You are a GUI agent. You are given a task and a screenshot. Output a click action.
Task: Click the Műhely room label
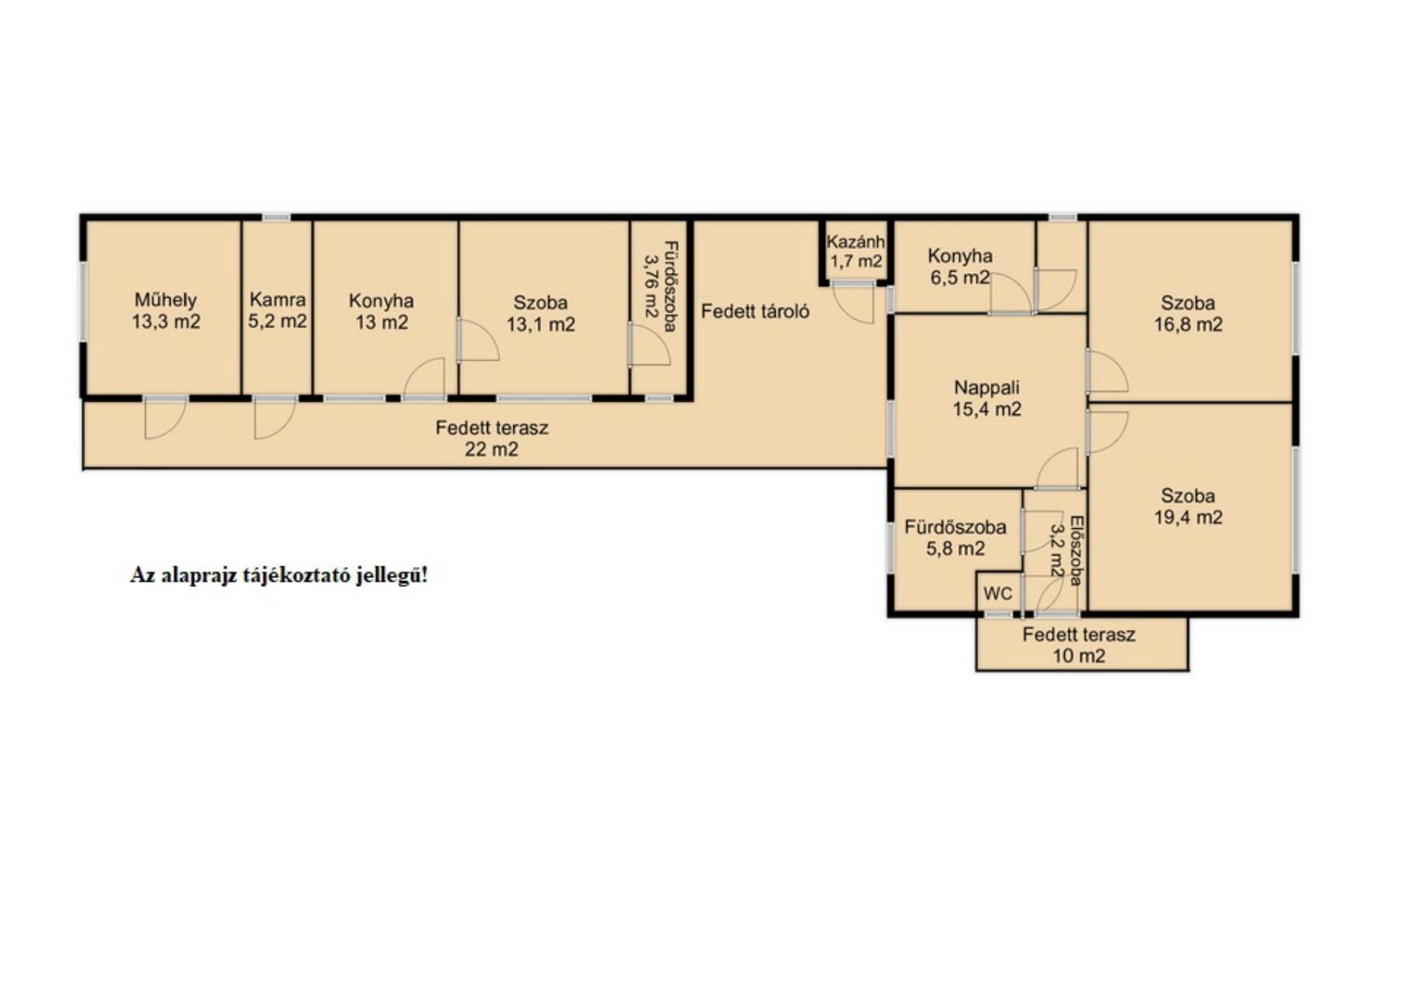pos(165,299)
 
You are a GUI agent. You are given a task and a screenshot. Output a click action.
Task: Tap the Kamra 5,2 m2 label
pos(278,310)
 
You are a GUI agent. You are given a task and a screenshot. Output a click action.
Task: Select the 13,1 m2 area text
pos(541,324)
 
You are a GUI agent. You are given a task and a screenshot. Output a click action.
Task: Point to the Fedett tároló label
pos(755,311)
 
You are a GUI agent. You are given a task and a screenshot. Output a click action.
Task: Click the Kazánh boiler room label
pos(855,241)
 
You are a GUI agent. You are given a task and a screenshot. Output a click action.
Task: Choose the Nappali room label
pos(987,387)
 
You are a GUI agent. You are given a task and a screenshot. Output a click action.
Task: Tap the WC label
pos(998,593)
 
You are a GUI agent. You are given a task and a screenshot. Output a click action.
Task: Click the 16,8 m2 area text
pos(1188,324)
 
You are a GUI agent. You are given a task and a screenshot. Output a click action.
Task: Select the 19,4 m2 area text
pos(1188,517)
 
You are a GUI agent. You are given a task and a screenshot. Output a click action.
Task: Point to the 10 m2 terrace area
pos(1079,656)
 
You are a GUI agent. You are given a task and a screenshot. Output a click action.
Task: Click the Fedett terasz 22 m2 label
pos(492,438)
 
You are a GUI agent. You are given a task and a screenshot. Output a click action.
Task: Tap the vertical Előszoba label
pos(1076,551)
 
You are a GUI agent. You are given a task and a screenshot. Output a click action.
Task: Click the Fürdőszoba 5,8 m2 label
pos(955,538)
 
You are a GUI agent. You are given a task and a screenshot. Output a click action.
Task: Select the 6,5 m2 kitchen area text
pos(960,277)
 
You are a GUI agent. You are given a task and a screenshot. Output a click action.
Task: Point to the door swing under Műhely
pos(165,419)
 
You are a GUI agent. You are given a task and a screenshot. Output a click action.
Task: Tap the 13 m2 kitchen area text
pos(382,322)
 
